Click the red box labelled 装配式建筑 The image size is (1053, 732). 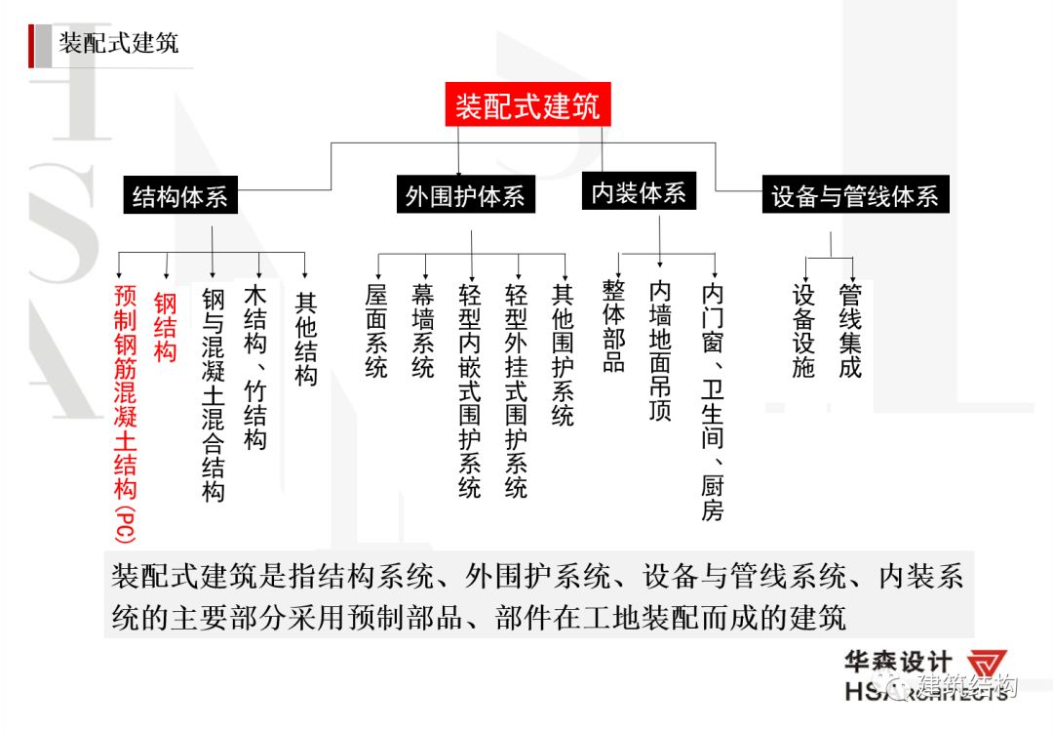tap(527, 104)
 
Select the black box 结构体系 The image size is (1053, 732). tap(179, 197)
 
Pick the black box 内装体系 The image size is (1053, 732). tap(639, 193)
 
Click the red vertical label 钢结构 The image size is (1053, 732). tap(166, 327)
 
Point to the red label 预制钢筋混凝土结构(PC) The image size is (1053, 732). tap(126, 411)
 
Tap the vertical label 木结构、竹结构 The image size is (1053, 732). tap(255, 367)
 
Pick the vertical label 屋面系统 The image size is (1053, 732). tap(376, 331)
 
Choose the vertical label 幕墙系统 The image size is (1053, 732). tap(423, 331)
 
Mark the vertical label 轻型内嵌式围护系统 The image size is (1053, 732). tap(470, 390)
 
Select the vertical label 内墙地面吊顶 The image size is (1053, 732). tap(660, 351)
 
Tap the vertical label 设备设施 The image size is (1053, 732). tap(802, 332)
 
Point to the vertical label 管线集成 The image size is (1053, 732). tap(850, 332)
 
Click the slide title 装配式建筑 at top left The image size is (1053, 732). tap(119, 44)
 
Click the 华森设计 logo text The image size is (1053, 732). tap(897, 664)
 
